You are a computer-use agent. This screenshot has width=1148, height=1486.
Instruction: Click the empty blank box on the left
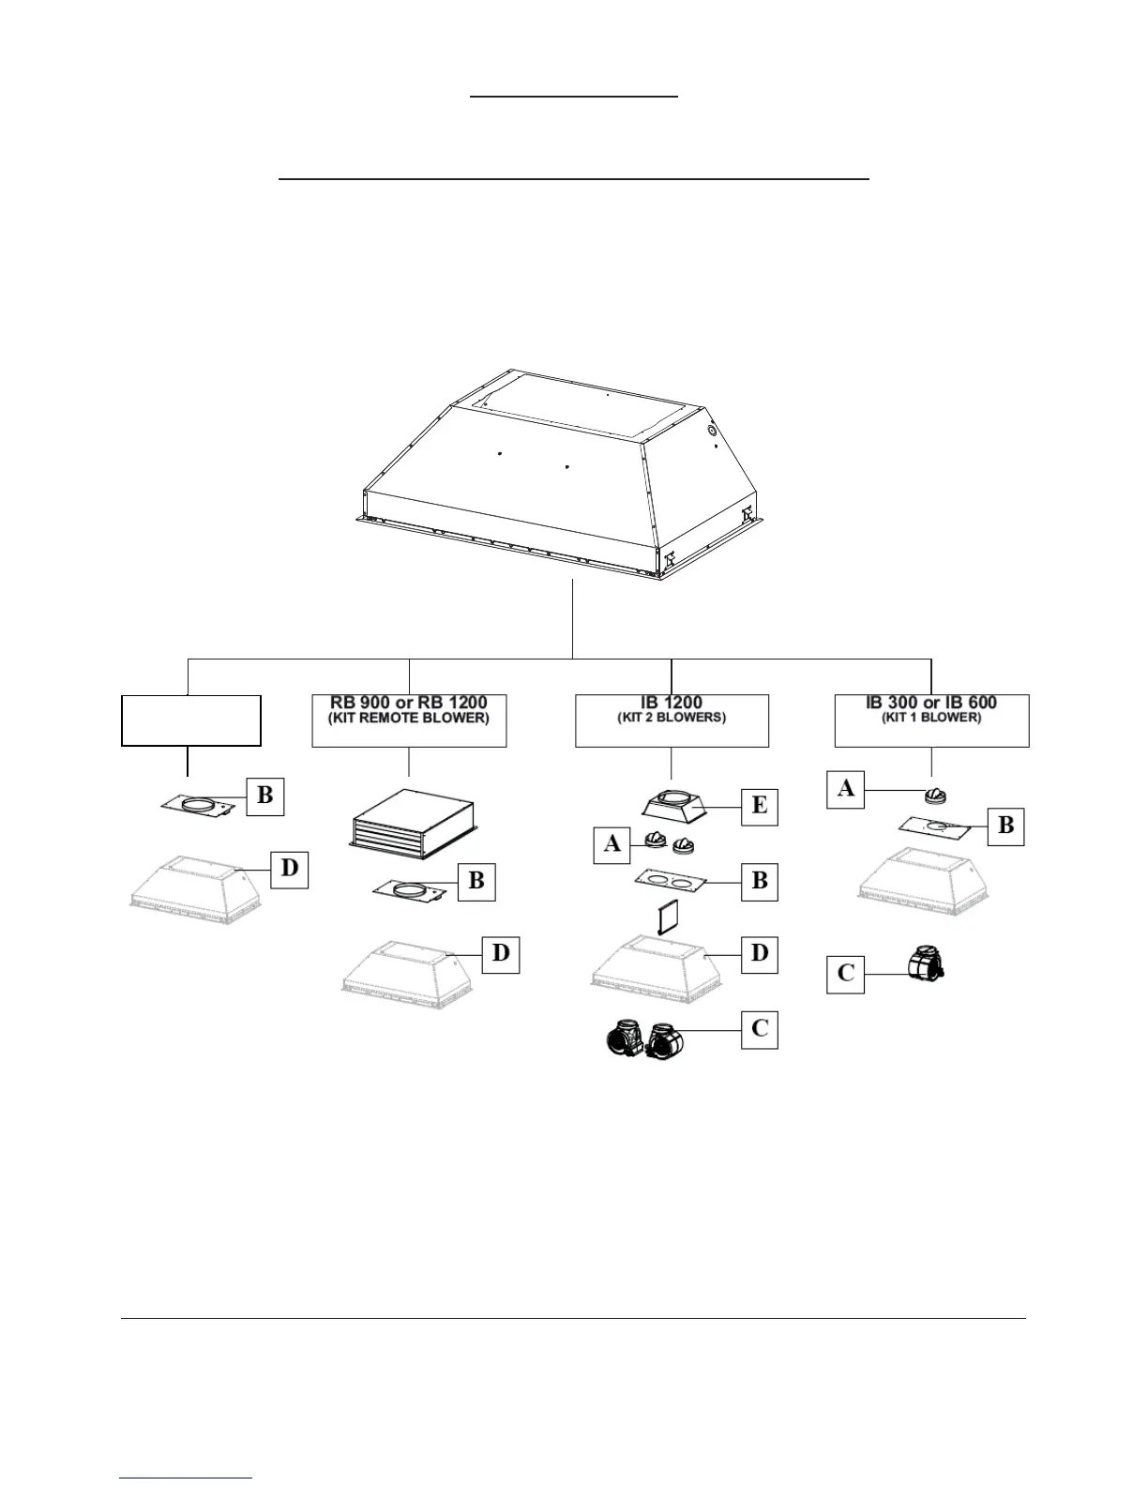coord(191,720)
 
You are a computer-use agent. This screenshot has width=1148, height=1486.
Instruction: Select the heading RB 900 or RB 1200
coord(409,703)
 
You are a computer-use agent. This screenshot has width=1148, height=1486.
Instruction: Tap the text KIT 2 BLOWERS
coord(672,718)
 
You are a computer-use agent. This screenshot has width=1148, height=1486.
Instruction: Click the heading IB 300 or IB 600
coord(931,703)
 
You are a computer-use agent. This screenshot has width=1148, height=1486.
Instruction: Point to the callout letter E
coord(760,806)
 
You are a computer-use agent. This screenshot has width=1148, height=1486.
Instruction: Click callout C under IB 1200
coord(760,1029)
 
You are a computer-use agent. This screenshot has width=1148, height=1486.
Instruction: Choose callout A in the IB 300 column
coord(845,789)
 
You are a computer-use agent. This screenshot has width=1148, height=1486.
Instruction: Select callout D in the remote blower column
coord(502,954)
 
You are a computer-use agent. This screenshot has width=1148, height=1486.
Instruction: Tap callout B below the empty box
coord(265,796)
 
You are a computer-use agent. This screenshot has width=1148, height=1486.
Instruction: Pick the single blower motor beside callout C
coord(926,964)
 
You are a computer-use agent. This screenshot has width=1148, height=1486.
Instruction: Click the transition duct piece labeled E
coord(674,806)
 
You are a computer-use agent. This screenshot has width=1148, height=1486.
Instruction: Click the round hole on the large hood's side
coord(711,431)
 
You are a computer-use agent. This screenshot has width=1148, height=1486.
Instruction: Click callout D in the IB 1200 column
coord(760,954)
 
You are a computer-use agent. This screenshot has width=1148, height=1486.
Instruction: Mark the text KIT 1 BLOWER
coord(931,718)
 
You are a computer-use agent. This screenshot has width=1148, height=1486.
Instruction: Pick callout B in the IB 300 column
coord(1005,826)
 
